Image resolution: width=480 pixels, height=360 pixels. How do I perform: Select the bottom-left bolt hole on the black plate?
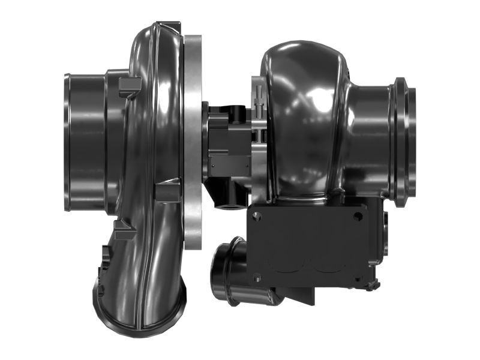[x=257, y=277]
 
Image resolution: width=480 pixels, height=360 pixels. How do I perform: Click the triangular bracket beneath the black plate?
[x=300, y=294]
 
